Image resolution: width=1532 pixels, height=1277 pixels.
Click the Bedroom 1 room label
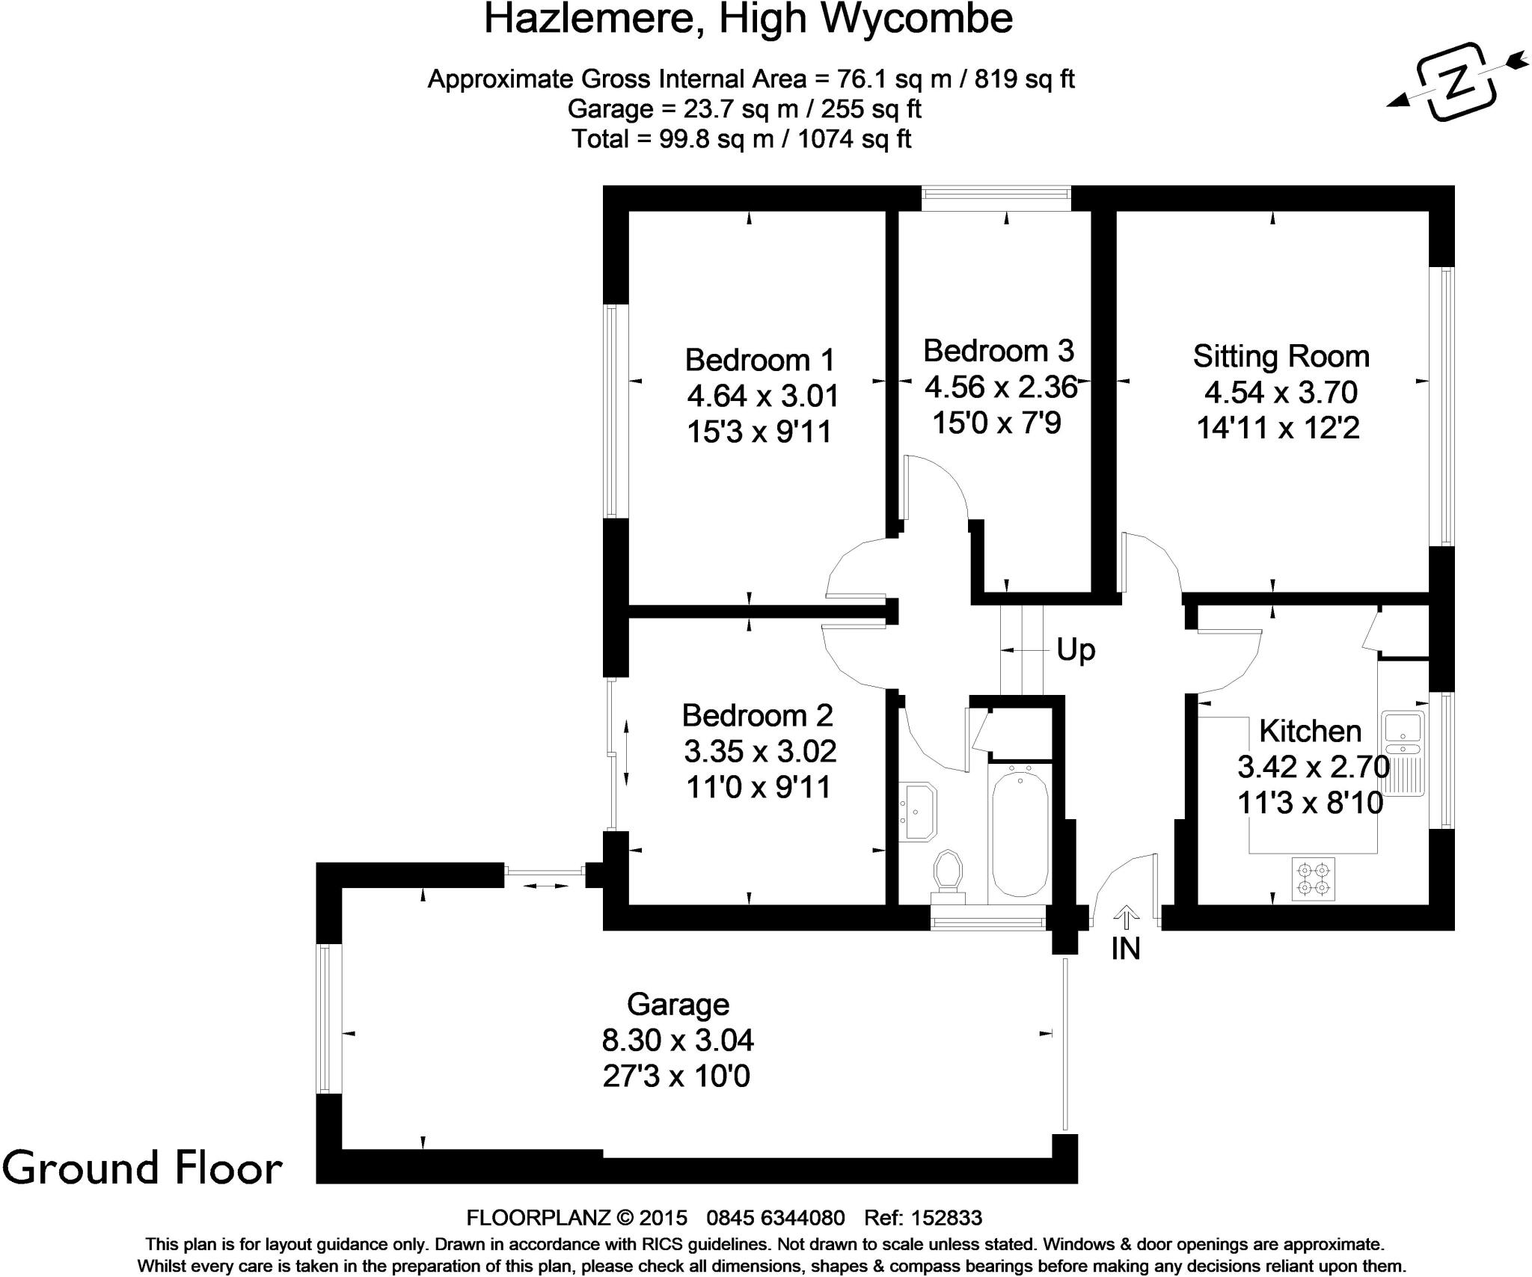759,361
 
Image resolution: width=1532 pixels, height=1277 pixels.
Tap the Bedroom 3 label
999,351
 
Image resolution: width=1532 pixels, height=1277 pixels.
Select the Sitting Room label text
1281,357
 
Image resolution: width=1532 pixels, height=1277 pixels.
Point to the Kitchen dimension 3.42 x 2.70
1313,767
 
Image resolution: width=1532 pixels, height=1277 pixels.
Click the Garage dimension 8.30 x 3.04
678,1040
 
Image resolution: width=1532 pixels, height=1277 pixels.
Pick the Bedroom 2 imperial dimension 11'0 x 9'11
759,787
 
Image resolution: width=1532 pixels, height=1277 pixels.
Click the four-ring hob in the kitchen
1314,879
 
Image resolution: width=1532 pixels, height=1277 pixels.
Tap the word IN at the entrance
1125,949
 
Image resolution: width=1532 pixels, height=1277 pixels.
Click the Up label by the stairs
1076,650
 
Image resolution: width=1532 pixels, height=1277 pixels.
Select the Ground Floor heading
142,1169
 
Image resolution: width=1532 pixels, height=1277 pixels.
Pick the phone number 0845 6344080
776,1219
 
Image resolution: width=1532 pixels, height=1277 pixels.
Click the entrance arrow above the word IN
1126,914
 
